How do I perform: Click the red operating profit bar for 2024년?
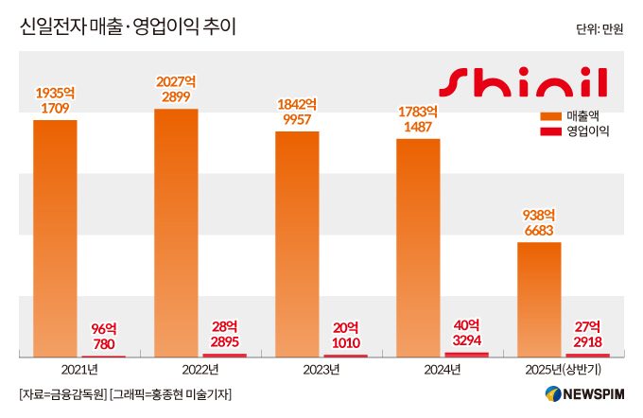tap(466, 354)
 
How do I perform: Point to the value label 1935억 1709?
tap(55, 101)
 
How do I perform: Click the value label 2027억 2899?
tap(176, 90)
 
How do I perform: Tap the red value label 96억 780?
tap(103, 336)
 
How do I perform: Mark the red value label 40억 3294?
tap(466, 332)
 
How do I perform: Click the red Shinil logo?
tap(526, 82)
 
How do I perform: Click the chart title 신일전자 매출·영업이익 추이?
tap(128, 26)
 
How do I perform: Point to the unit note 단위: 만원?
tap(600, 29)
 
